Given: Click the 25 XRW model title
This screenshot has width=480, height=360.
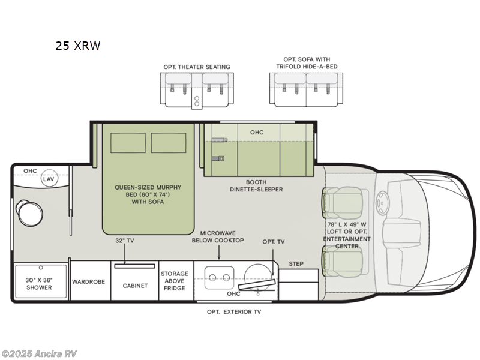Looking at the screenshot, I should point(78,45).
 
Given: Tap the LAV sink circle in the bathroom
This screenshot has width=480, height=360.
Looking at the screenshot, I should point(48,179).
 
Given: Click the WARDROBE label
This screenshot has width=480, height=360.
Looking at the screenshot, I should point(89,281).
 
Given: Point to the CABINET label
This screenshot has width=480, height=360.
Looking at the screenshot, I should point(135,286).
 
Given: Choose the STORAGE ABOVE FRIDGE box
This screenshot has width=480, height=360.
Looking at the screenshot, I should point(175,281).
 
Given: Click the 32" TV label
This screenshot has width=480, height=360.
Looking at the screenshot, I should point(124,241).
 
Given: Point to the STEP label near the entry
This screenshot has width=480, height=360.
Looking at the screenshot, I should point(296,263).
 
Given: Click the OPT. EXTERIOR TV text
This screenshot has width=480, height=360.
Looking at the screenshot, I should point(233,312).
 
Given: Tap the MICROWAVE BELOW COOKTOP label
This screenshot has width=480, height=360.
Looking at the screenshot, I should point(218,236).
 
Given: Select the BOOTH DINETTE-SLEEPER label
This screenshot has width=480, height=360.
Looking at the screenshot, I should point(256,185).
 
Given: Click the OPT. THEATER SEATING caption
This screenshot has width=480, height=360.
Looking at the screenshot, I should point(196,67).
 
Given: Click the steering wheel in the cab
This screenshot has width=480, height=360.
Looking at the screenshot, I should point(382,203).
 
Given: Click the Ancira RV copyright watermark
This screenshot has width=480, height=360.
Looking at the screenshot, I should point(39,353).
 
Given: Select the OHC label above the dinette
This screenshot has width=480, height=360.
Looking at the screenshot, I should point(256,132).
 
